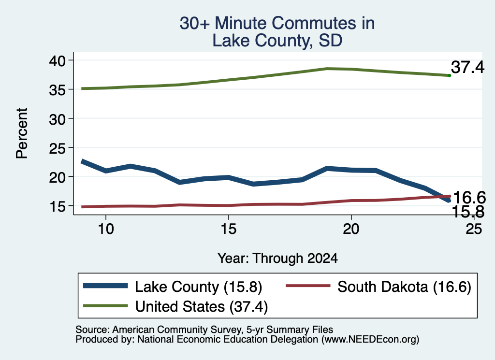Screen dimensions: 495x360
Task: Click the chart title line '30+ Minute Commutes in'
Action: (277, 23)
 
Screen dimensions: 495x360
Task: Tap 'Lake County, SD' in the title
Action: (277, 41)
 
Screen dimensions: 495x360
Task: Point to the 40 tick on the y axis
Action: (57, 60)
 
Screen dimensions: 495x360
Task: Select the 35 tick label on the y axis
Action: (57, 89)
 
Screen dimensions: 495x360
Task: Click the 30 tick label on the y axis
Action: (57, 119)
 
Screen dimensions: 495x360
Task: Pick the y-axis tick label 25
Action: (57, 148)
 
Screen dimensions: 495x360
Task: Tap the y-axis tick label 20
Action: (57, 177)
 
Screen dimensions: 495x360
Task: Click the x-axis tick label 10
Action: (106, 229)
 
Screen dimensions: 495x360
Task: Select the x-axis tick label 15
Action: (228, 229)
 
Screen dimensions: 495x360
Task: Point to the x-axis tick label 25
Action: (474, 229)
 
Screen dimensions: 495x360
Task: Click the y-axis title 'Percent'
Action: (22, 133)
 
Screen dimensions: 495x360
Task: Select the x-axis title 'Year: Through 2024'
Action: (277, 259)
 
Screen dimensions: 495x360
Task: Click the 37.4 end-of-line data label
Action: (467, 67)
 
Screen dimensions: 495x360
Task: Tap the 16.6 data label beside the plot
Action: (469, 198)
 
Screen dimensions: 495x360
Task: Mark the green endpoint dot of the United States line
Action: (450, 75)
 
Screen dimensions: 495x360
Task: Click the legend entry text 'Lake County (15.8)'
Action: (199, 287)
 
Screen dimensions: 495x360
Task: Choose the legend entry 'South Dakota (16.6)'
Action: (405, 287)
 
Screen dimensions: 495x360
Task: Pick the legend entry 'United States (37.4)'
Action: (202, 307)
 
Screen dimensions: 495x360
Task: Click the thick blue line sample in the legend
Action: (105, 286)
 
